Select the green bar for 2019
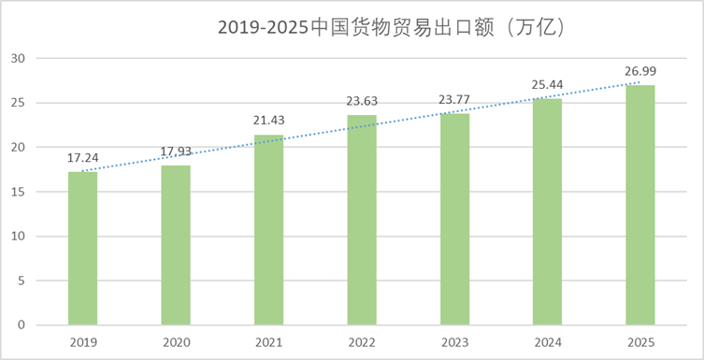[82, 248]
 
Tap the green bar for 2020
[176, 245]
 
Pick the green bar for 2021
[268, 229]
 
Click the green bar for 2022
[362, 220]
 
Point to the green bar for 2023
[454, 219]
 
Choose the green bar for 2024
[547, 211]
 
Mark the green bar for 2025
[640, 205]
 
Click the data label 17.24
[82, 158]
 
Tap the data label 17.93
[176, 152]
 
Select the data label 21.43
[268, 122]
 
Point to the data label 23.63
[362, 102]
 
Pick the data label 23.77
[454, 101]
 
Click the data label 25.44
[547, 86]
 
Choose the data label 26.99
[640, 72]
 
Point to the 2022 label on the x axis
[362, 342]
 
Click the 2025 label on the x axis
[640, 342]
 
